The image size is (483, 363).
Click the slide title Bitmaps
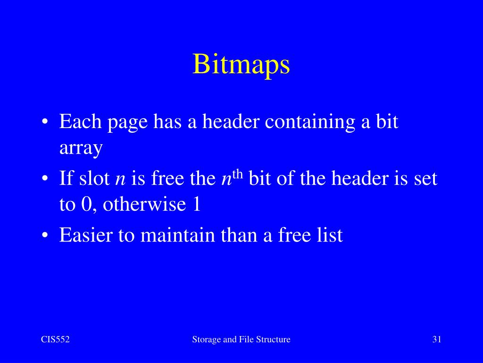241,65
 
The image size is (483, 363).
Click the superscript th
237,174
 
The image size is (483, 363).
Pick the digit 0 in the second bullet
90,205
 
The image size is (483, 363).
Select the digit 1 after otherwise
197,205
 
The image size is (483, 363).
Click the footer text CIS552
55,339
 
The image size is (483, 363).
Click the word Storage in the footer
207,339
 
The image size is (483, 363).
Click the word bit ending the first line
386,122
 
